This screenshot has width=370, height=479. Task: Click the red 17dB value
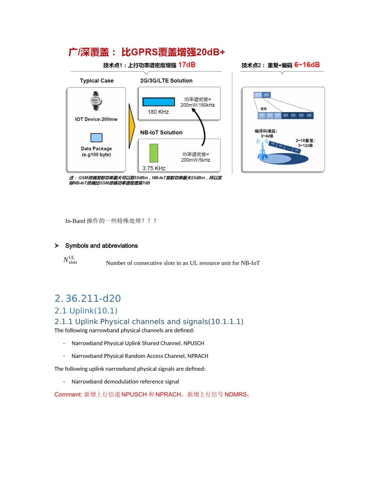coord(187,65)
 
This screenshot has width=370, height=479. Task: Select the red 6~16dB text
coord(307,65)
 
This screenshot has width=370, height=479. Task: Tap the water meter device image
coord(96,101)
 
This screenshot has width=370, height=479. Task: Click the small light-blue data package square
coord(96,137)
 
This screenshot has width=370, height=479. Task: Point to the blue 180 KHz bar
coord(159,102)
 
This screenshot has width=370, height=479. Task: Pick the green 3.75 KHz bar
coord(154,153)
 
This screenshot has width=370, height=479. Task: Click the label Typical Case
coord(97,81)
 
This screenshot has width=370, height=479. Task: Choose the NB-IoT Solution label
coord(161,132)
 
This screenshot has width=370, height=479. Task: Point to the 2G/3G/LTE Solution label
coord(166,81)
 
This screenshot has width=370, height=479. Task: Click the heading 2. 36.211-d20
coord(88,298)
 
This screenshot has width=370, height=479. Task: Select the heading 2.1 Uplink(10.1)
coord(86,310)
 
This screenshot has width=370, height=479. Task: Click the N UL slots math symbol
coord(70,260)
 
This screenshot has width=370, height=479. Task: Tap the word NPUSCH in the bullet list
coord(190,343)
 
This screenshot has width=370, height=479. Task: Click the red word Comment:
coord(68,394)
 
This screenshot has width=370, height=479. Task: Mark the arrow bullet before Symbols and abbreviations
coord(56,246)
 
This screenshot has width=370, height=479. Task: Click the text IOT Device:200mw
coord(96,119)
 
